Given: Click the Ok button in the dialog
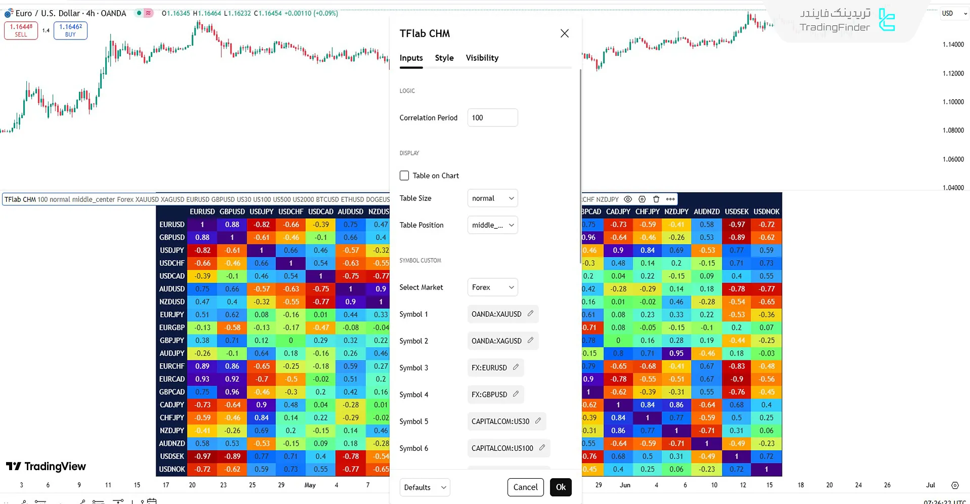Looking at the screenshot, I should (x=561, y=487).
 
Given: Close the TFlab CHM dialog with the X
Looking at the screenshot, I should (x=565, y=33).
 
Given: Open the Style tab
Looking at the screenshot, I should (x=444, y=58).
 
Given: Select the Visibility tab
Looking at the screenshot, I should (x=482, y=58).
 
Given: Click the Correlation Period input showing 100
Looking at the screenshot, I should (x=492, y=118).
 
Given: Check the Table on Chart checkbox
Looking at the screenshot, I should (x=404, y=176).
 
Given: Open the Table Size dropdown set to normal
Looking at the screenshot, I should (x=492, y=198).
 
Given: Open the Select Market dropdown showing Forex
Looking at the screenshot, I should (x=492, y=287).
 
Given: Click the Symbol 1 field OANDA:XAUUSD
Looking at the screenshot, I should (x=496, y=314).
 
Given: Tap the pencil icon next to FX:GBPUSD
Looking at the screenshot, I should (x=516, y=394).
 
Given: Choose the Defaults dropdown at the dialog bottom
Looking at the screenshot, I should (x=425, y=487).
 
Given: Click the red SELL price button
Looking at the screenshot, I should (x=21, y=30).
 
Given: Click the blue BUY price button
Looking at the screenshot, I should (x=70, y=30).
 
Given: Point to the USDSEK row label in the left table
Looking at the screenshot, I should (x=172, y=456).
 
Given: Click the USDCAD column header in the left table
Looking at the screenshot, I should (x=320, y=212).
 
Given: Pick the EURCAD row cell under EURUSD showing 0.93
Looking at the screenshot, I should (x=202, y=379).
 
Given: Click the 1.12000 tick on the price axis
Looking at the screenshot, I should (x=953, y=73).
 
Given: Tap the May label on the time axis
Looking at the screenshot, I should (x=310, y=485).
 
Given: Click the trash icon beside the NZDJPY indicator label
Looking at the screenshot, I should (x=656, y=199).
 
